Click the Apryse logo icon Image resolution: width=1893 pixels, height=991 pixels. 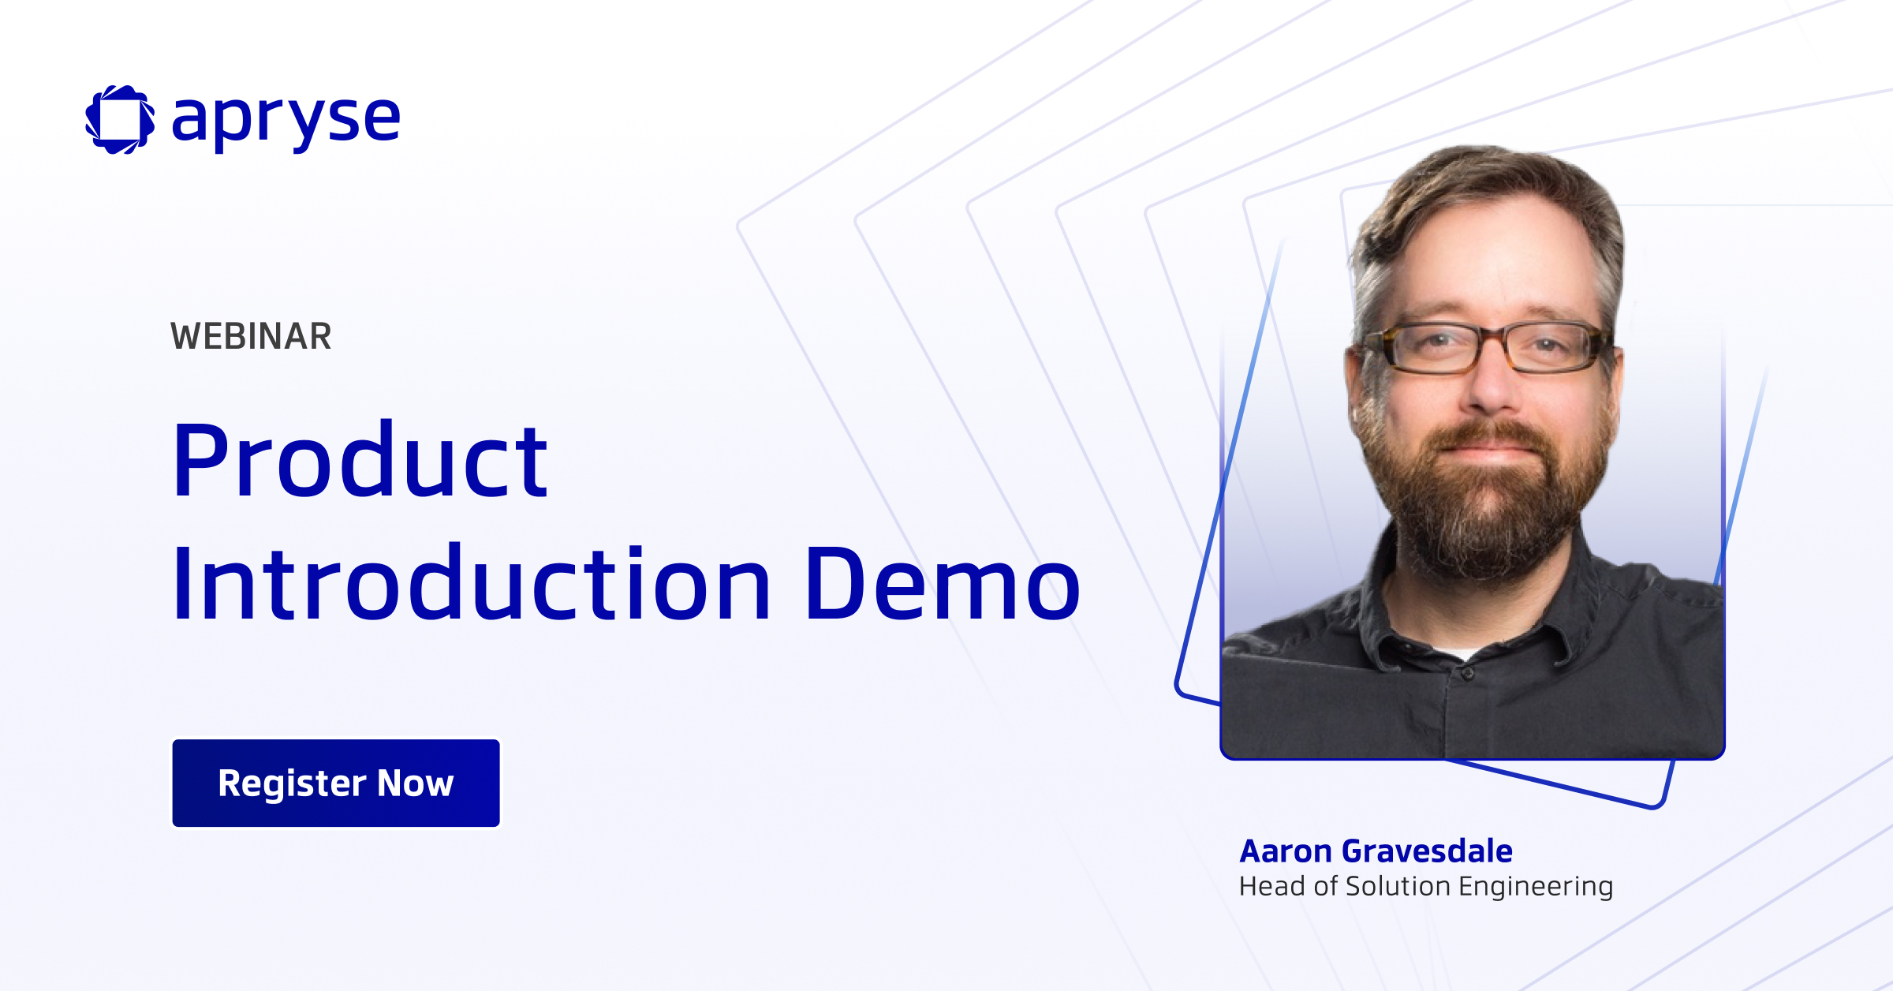(120, 119)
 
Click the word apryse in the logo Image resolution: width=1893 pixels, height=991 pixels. (286, 121)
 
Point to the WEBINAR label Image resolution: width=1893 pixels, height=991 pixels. (251, 336)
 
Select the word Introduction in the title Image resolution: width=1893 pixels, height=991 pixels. (471, 583)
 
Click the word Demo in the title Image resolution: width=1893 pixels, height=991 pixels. (943, 585)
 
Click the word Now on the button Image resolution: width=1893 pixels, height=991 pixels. (415, 783)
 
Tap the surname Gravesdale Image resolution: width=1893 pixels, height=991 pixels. (1427, 851)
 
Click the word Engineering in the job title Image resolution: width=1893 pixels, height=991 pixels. (1536, 888)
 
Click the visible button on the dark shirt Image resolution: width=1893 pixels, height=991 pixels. (1467, 675)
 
